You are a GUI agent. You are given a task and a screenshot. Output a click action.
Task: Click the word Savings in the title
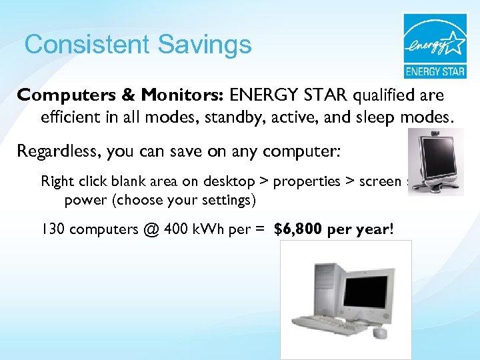pyautogui.click(x=205, y=45)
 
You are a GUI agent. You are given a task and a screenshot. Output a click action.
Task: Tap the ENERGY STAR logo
pyautogui.click(x=435, y=45)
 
